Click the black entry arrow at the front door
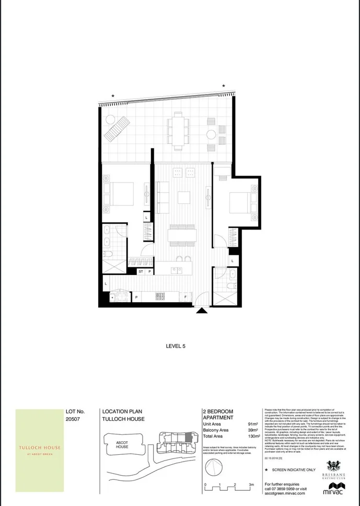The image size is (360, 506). click(202, 310)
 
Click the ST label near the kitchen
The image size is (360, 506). click(141, 272)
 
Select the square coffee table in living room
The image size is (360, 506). click(184, 198)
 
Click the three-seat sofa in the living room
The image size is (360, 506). click(162, 192)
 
